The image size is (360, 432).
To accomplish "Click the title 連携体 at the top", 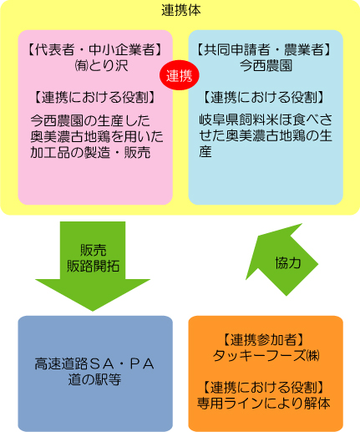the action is click(181, 11).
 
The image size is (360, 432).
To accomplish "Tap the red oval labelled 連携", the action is click(180, 75).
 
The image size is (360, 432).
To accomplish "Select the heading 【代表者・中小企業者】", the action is click(95, 50).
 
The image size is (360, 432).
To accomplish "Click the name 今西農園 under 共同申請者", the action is click(266, 66).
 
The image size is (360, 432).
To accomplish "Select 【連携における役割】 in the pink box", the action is click(94, 98).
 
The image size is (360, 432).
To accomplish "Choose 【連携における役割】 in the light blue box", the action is click(263, 98).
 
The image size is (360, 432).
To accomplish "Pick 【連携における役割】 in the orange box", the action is click(263, 388).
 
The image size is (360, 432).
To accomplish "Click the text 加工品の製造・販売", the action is click(90, 152).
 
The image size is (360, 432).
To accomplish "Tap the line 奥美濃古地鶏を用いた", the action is click(97, 136).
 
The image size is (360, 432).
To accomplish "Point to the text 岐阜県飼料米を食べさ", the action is click(266, 119).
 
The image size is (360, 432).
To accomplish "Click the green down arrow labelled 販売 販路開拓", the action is click(93, 265).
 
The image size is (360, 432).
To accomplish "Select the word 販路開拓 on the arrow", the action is click(93, 267).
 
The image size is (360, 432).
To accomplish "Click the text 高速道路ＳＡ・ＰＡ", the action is click(94, 364).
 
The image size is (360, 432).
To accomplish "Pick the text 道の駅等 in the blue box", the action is click(94, 379).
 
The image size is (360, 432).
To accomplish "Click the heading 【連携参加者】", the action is click(263, 340).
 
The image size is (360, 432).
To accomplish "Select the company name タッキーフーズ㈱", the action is click(266, 356).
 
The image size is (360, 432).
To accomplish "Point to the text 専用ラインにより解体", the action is click(264, 404).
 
